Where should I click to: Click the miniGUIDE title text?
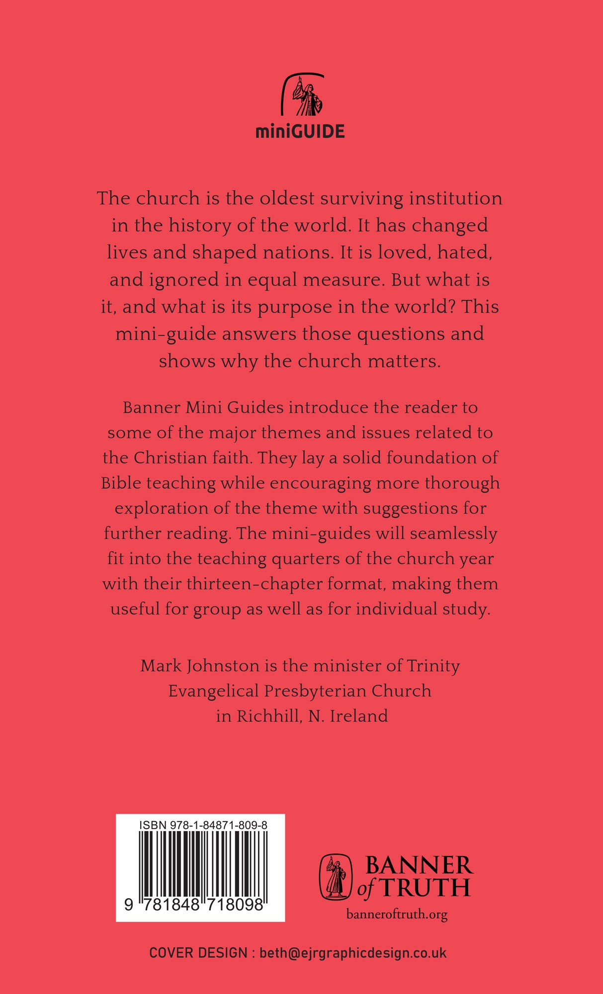click(x=300, y=132)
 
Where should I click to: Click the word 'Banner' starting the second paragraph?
click(x=151, y=407)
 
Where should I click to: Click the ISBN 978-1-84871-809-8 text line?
click(x=204, y=825)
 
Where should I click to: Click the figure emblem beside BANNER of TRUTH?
click(x=335, y=877)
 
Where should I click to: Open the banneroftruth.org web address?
click(x=397, y=914)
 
